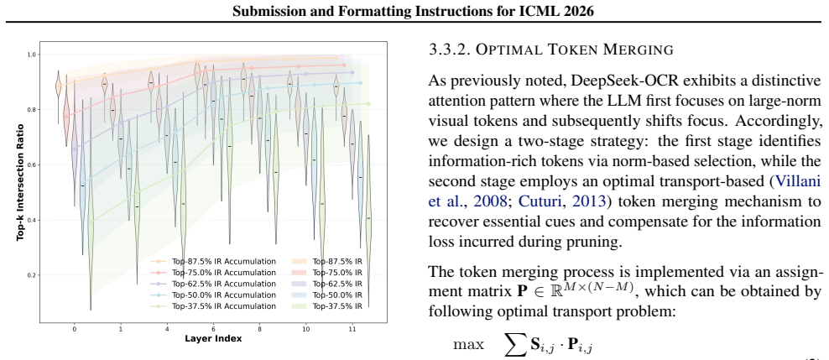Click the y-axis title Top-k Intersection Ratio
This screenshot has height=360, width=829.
pyautogui.click(x=20, y=182)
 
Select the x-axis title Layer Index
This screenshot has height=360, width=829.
pyautogui.click(x=214, y=338)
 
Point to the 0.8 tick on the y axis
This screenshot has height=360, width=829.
pyautogui.click(x=31, y=109)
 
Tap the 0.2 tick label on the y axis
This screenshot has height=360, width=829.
pyautogui.click(x=31, y=275)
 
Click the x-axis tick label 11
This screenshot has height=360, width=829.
pyautogui.click(x=352, y=329)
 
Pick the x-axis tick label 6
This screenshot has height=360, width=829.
pyautogui.click(x=214, y=329)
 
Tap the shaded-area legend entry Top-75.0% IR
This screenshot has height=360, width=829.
pyautogui.click(x=326, y=273)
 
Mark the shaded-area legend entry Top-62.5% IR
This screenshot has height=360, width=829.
pyautogui.click(x=326, y=284)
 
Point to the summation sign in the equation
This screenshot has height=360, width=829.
pyautogui.click(x=514, y=346)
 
